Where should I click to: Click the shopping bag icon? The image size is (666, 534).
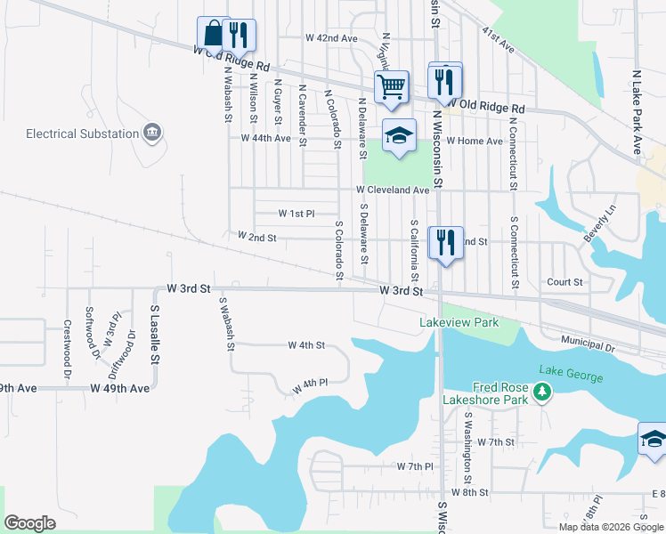point(214,35)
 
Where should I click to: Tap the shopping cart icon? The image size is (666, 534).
point(391,87)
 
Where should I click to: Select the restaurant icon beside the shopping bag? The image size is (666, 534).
point(239,35)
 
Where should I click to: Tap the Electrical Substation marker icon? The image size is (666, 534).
point(153,133)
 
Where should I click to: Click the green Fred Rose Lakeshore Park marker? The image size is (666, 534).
point(540,392)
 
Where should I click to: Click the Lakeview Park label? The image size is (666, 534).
point(459,322)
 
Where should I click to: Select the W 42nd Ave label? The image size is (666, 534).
point(330,38)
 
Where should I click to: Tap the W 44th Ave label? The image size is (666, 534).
point(266,138)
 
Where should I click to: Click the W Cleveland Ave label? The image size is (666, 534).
point(393,190)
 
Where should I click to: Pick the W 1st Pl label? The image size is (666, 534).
point(296,214)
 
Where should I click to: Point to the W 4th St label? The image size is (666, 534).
point(306,344)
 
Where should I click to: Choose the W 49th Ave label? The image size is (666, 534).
point(119,389)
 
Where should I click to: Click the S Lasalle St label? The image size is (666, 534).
point(153,334)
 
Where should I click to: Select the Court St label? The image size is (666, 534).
point(564,282)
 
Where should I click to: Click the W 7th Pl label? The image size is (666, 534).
point(415,466)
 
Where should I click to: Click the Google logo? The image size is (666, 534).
point(29,523)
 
